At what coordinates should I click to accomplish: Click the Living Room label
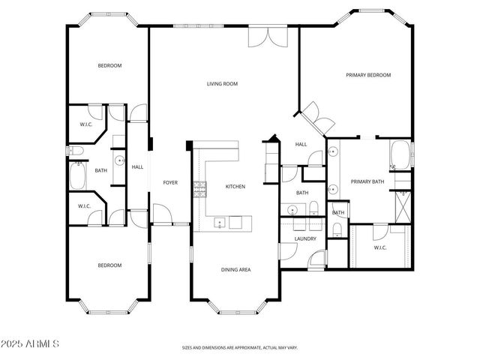point(222,84)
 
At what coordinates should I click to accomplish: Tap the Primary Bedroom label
point(367,75)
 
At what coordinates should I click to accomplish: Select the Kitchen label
point(235,186)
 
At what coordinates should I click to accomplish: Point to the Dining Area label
point(235,268)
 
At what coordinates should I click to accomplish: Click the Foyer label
point(170,182)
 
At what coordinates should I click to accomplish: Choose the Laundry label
point(305,239)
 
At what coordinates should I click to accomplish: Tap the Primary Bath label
point(367,181)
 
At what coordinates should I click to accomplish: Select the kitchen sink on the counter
point(220,223)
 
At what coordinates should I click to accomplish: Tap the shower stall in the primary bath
point(403,203)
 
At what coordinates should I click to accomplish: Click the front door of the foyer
point(163,214)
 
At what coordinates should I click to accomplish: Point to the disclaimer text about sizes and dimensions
point(239,348)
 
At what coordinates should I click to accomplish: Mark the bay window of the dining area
point(235,306)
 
